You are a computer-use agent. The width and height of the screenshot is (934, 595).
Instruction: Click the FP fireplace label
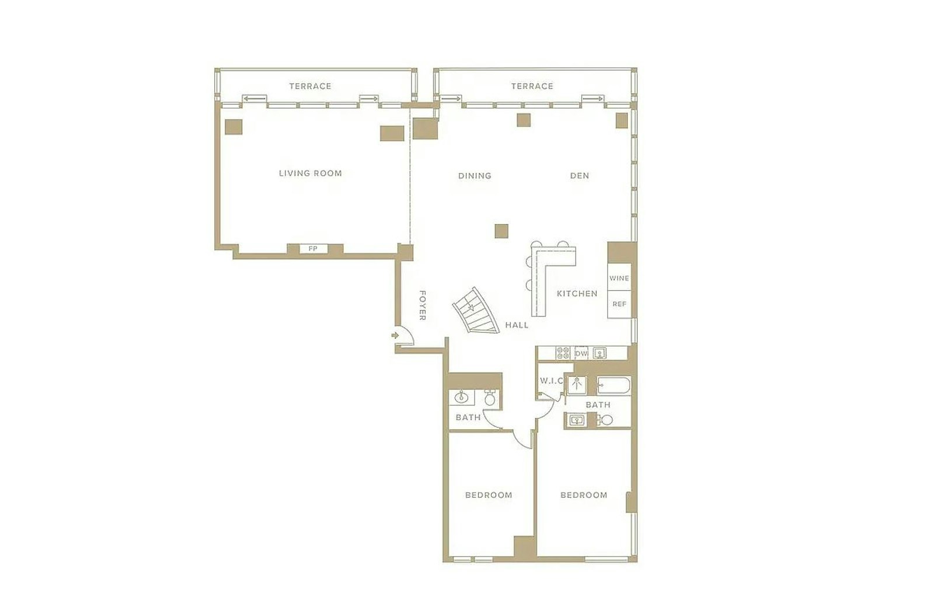point(313,249)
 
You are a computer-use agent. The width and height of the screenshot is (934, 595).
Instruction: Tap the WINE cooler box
point(619,278)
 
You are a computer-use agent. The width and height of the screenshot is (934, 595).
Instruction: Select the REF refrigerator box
point(619,304)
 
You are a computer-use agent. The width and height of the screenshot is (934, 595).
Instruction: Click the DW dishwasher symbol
point(581,354)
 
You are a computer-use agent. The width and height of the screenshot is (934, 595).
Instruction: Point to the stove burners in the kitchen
point(563,353)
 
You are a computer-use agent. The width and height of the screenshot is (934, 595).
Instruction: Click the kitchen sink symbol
point(600,354)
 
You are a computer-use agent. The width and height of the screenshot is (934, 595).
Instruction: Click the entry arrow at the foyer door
point(395,335)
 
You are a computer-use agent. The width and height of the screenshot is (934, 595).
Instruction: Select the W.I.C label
point(551,381)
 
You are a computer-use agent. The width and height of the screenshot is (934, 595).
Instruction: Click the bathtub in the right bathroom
point(614,385)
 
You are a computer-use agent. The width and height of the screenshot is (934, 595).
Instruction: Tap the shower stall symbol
point(577,385)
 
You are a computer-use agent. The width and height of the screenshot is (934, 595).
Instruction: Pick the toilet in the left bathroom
point(490,398)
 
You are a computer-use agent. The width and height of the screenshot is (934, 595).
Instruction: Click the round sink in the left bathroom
point(461,397)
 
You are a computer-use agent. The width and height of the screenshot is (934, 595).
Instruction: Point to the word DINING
point(475,176)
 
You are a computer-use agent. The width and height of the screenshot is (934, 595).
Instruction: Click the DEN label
point(580,176)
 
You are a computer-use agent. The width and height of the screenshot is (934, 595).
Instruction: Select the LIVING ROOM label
point(310,173)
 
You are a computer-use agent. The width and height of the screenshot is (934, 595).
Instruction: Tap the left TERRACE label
point(310,86)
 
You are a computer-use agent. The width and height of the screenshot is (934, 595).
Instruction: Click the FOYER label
point(422,305)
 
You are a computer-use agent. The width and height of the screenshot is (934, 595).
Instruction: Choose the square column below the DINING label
point(501,231)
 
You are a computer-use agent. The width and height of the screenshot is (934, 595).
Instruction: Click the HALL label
point(517,325)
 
